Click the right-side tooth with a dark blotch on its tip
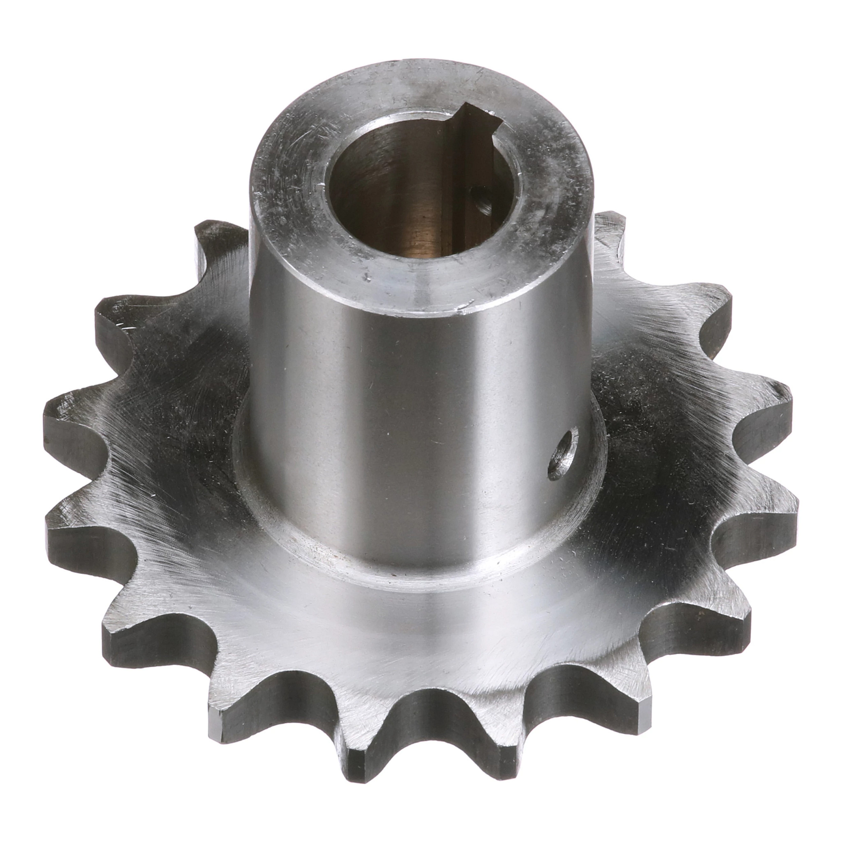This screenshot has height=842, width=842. coord(771,392)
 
